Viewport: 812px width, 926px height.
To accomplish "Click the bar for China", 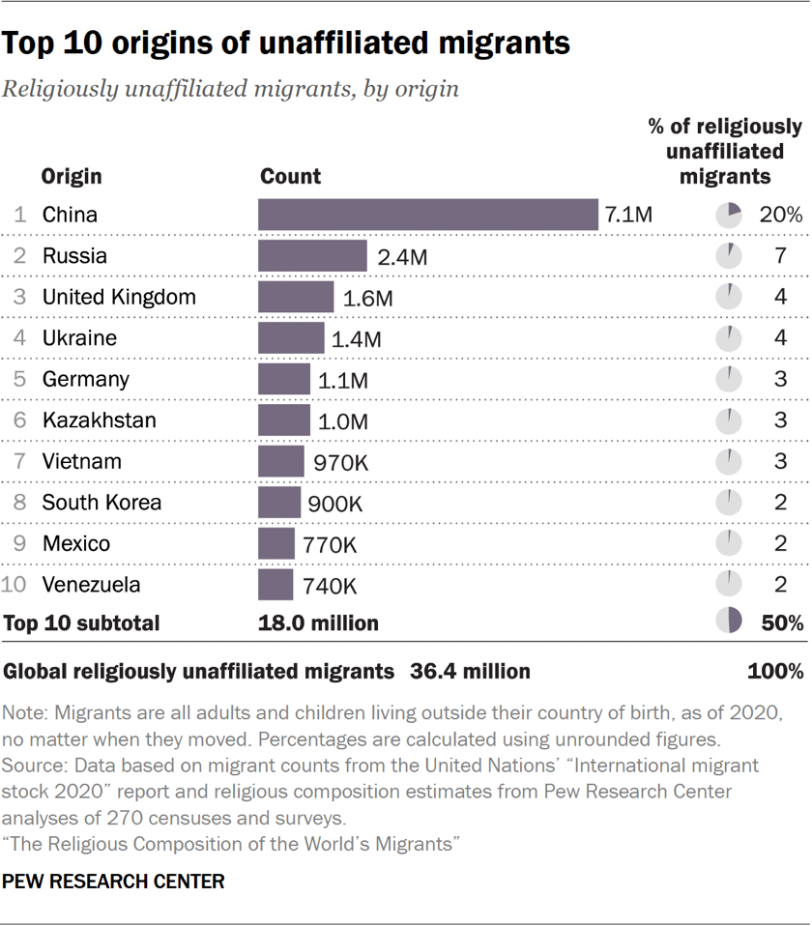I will tap(428, 215).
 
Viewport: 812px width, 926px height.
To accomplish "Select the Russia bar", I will tap(312, 256).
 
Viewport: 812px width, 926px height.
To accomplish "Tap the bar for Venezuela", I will tap(275, 585).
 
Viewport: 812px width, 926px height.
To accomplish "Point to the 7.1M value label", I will tap(629, 215).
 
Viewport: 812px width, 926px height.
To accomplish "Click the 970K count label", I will tap(340, 462).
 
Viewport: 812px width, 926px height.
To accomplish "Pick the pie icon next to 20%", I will tap(729, 215).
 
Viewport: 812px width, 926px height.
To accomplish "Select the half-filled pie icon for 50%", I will tap(729, 622).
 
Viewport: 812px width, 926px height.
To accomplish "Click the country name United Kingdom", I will tap(119, 297).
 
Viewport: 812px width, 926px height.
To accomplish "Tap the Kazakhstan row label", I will tap(99, 420).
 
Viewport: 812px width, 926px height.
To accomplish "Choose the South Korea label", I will tap(101, 503).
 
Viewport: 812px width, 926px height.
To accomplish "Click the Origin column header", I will tap(72, 177).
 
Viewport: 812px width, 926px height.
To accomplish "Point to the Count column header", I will tap(291, 177).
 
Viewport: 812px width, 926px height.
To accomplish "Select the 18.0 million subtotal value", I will tap(318, 622).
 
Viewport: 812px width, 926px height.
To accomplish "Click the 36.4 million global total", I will tap(470, 671).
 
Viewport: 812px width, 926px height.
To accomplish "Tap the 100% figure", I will tap(775, 671).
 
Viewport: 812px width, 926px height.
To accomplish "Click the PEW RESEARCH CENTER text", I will tap(114, 882).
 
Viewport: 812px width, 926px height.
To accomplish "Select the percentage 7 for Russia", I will tap(780, 256).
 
